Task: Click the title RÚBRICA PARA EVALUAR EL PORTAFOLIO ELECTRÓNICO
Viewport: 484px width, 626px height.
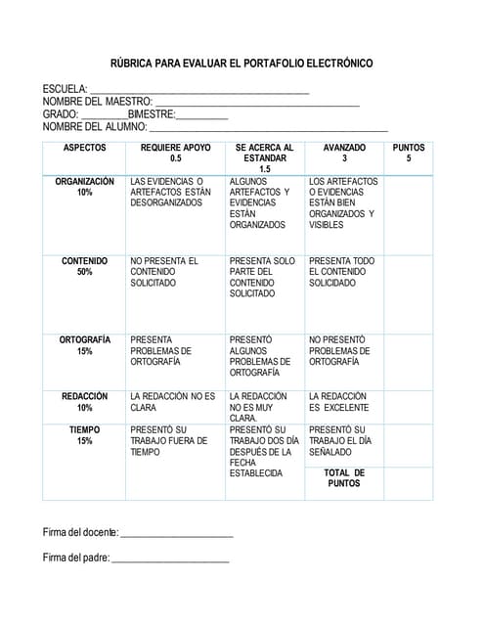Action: tap(241, 64)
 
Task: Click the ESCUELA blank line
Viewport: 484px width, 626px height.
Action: tap(199, 91)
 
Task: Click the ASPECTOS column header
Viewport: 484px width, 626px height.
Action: tap(84, 148)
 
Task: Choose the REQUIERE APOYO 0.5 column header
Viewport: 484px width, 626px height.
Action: tap(175, 153)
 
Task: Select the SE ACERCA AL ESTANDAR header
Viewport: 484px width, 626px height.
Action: tap(264, 157)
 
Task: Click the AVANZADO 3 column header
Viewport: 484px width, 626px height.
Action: tap(344, 153)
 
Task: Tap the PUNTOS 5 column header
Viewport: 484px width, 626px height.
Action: tap(408, 153)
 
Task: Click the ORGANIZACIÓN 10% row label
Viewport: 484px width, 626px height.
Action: tap(84, 187)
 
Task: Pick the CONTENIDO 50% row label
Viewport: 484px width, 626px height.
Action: tap(84, 266)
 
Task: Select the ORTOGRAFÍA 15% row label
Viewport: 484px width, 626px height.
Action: tap(84, 345)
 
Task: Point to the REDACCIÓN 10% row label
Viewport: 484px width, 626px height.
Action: tap(84, 401)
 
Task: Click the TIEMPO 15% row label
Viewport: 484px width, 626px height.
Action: tap(84, 435)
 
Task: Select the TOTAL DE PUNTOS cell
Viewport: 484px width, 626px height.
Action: tap(343, 477)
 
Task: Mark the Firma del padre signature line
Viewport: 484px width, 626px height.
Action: tap(170, 561)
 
